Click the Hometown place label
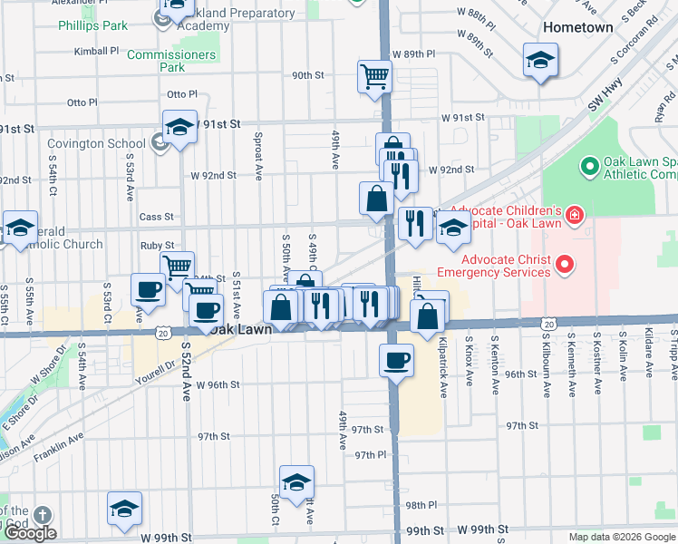click(577, 27)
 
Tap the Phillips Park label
click(93, 25)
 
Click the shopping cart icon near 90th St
click(373, 76)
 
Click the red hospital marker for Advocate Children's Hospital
click(574, 215)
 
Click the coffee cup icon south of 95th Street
click(396, 360)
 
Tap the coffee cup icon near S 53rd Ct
click(148, 289)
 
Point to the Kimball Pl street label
click(97, 52)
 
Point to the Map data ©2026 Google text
click(621, 537)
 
